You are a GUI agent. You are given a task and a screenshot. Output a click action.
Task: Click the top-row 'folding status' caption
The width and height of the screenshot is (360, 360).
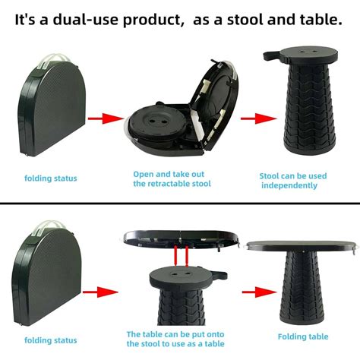coord(50,178)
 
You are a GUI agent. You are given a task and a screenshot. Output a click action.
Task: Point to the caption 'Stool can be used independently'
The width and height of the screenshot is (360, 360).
coord(293,180)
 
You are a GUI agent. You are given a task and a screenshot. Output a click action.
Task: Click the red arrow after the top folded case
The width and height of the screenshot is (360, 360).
coord(105,118)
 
